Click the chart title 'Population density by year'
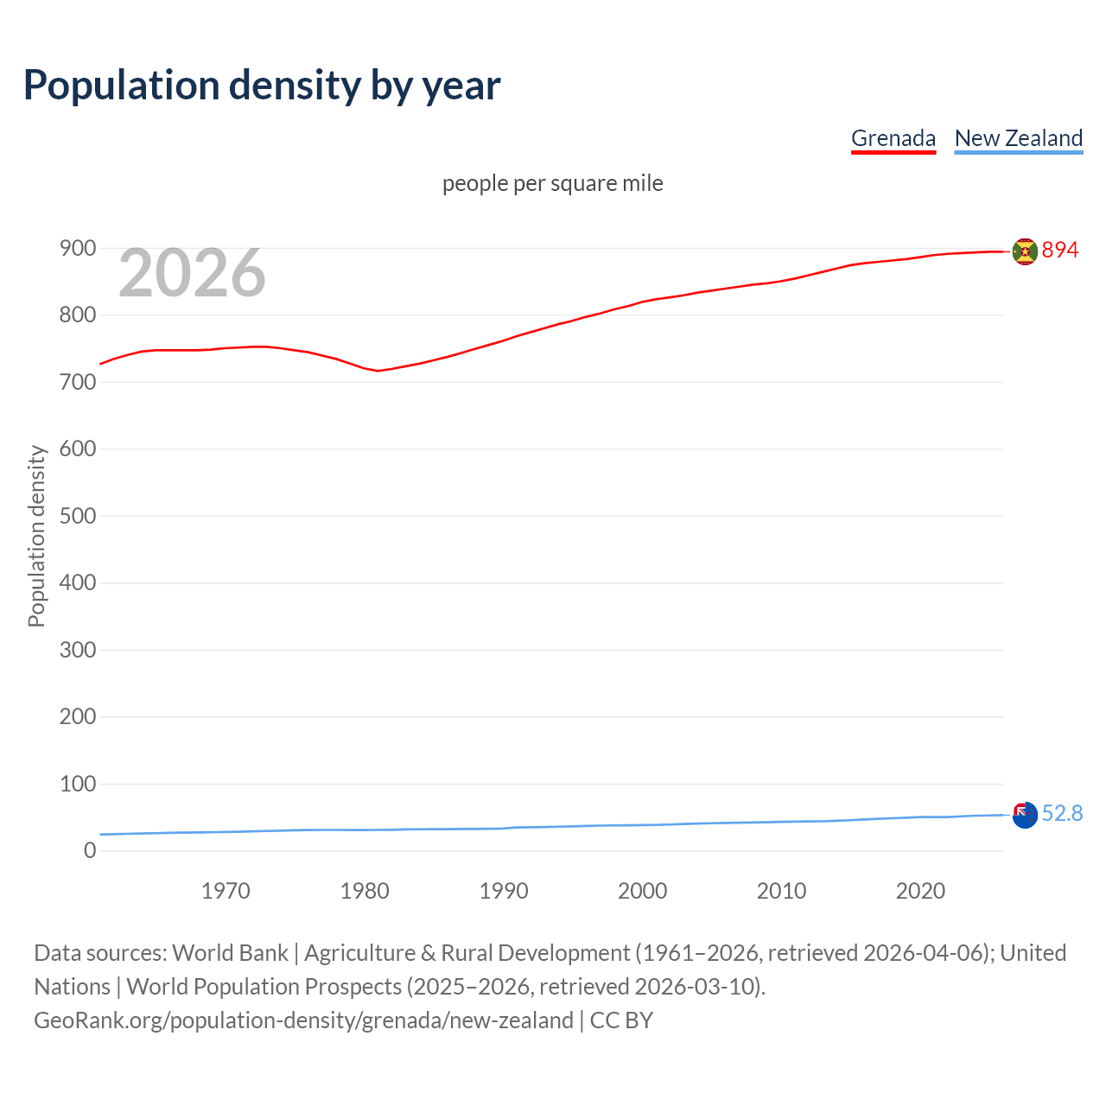(262, 86)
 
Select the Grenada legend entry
(893, 138)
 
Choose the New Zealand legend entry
(1018, 138)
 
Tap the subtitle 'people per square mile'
(552, 183)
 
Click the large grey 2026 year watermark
(192, 274)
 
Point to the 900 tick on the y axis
(77, 249)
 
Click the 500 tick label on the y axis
(77, 516)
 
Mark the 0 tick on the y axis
(90, 850)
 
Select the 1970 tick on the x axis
(226, 891)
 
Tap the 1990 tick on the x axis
(504, 891)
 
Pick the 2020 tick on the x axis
(920, 891)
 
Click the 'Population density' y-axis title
(36, 536)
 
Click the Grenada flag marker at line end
(1024, 251)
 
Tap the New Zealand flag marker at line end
(1024, 815)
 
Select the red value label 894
(1060, 250)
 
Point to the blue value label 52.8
(1062, 814)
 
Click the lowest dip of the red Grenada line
(378, 371)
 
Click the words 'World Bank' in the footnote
(230, 953)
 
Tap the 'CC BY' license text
(621, 1020)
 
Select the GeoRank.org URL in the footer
(303, 1020)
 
